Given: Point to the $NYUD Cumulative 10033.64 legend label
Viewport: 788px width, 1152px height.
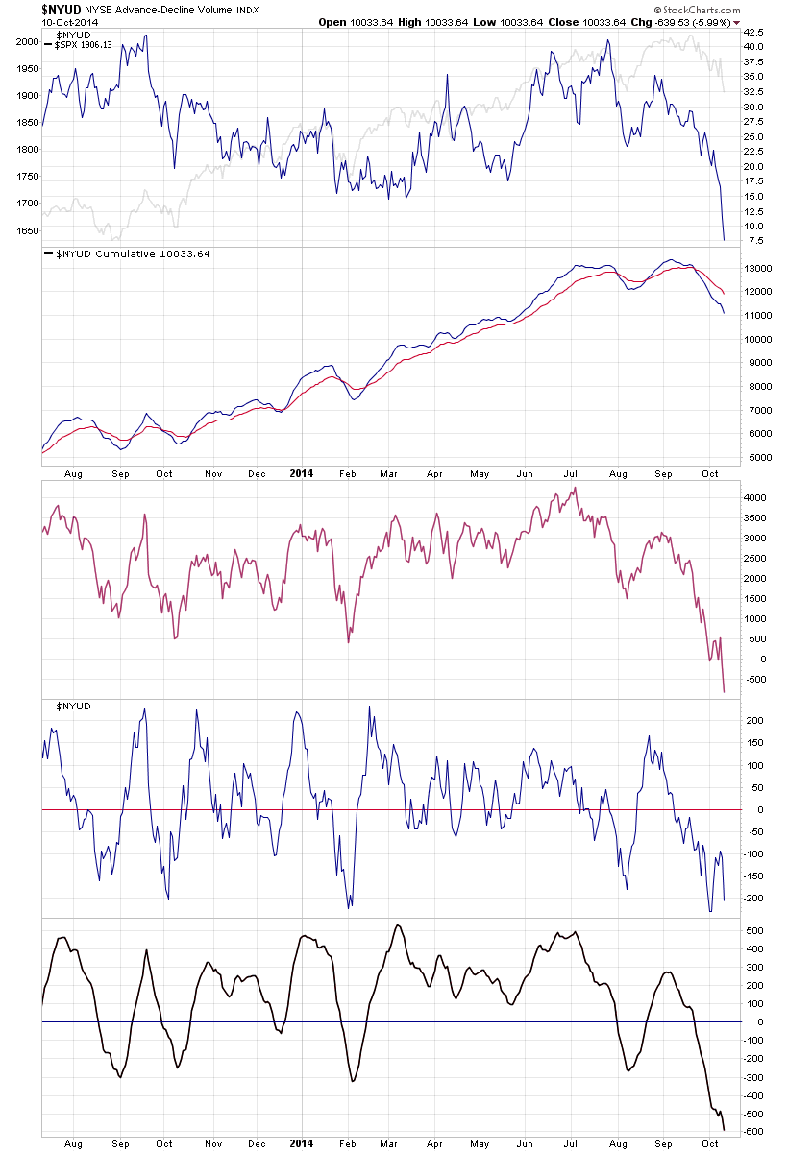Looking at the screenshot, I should [x=126, y=253].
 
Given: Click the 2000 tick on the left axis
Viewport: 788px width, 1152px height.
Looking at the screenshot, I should [x=27, y=42].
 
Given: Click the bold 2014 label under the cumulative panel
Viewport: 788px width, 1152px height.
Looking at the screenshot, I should [x=302, y=473].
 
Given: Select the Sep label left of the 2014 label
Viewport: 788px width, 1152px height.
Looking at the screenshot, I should [x=120, y=473].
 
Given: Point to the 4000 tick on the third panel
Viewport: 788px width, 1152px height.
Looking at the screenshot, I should [x=754, y=498].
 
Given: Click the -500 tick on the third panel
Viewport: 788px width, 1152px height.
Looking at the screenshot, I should [x=754, y=680].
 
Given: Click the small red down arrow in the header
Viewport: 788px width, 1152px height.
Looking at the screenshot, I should [x=737, y=22].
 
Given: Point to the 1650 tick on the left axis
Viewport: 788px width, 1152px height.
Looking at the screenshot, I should [x=27, y=230].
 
